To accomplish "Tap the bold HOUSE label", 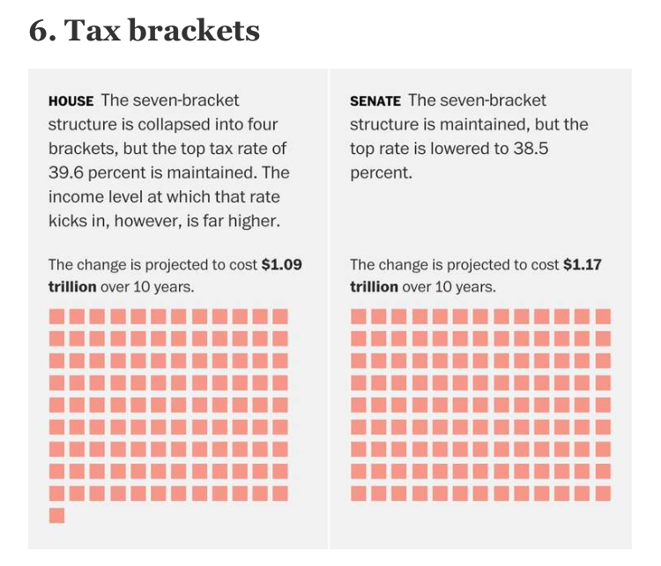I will pos(71,101).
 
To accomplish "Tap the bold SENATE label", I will pos(375,101).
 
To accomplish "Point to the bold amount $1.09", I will pos(282,264).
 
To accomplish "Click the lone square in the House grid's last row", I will pos(56,515).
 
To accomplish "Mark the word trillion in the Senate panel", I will pos(374,287).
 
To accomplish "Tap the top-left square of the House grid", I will pos(56,316).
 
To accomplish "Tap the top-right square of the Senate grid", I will pos(603,316).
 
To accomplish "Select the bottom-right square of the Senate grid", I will pos(603,493).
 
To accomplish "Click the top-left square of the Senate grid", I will pos(358,316).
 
